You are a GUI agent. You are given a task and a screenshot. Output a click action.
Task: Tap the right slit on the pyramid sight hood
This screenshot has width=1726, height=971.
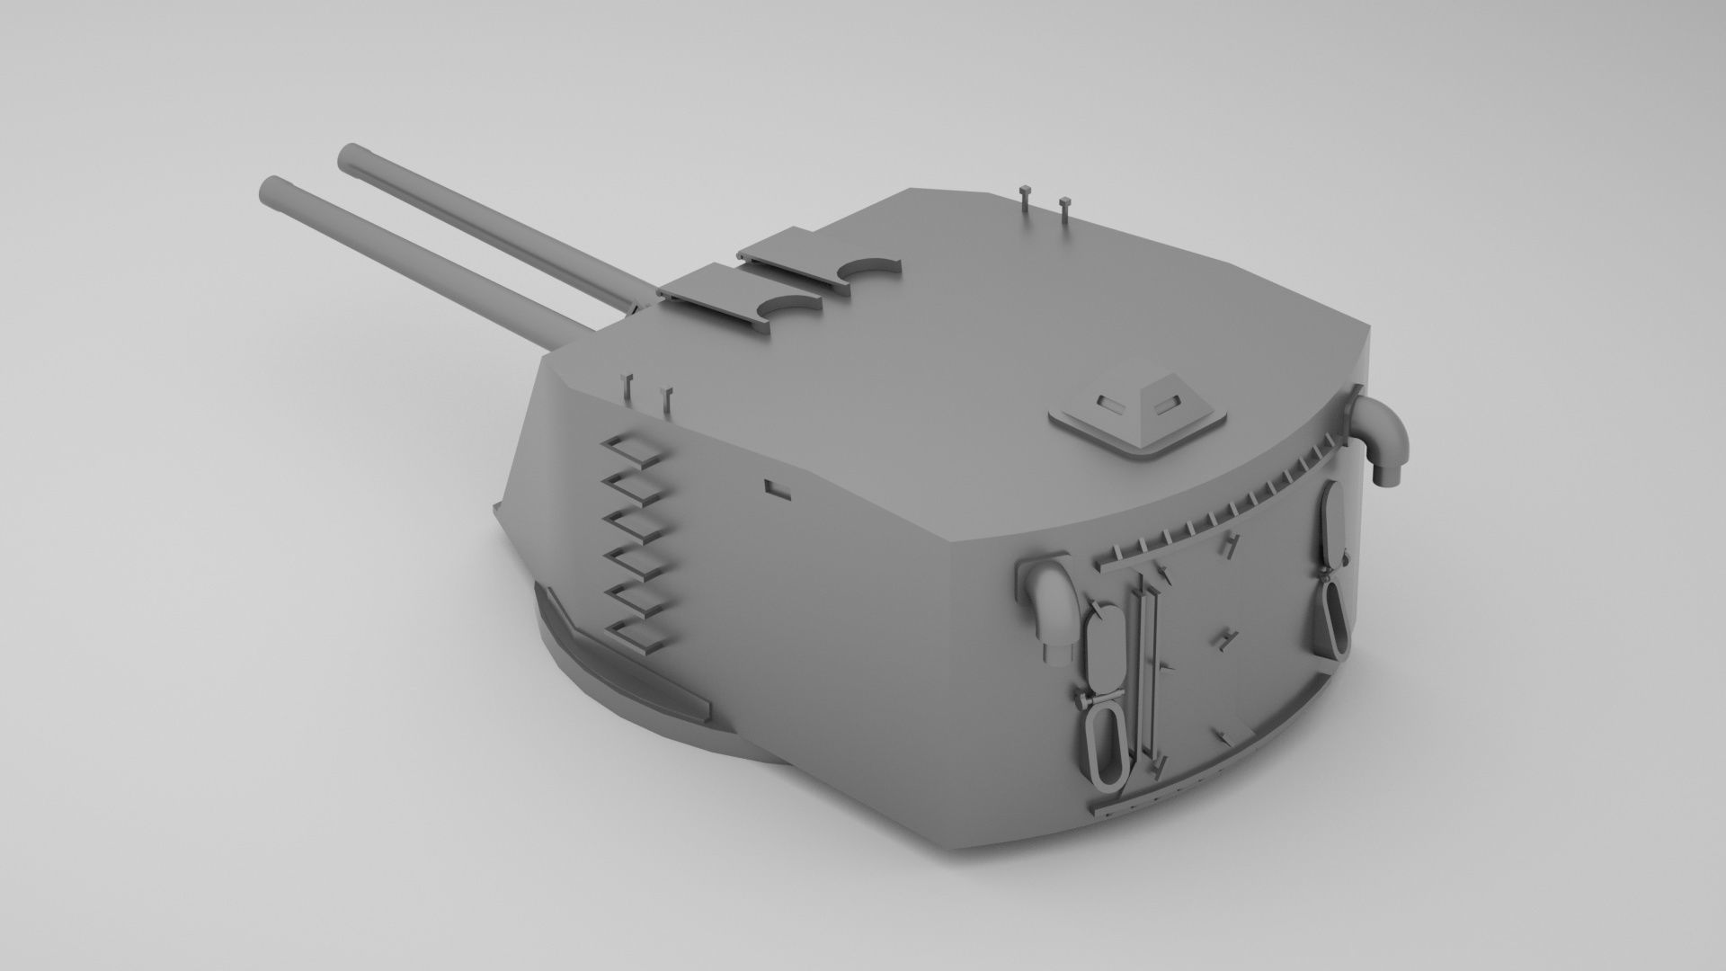pos(1166,406)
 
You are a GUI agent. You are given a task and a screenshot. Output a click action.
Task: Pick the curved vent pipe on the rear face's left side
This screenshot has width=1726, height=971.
pos(1046,606)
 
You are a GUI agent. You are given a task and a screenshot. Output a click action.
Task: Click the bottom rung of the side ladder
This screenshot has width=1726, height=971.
pos(640,636)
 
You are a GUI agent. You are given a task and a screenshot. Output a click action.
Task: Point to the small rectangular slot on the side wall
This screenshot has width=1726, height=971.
pos(776,489)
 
